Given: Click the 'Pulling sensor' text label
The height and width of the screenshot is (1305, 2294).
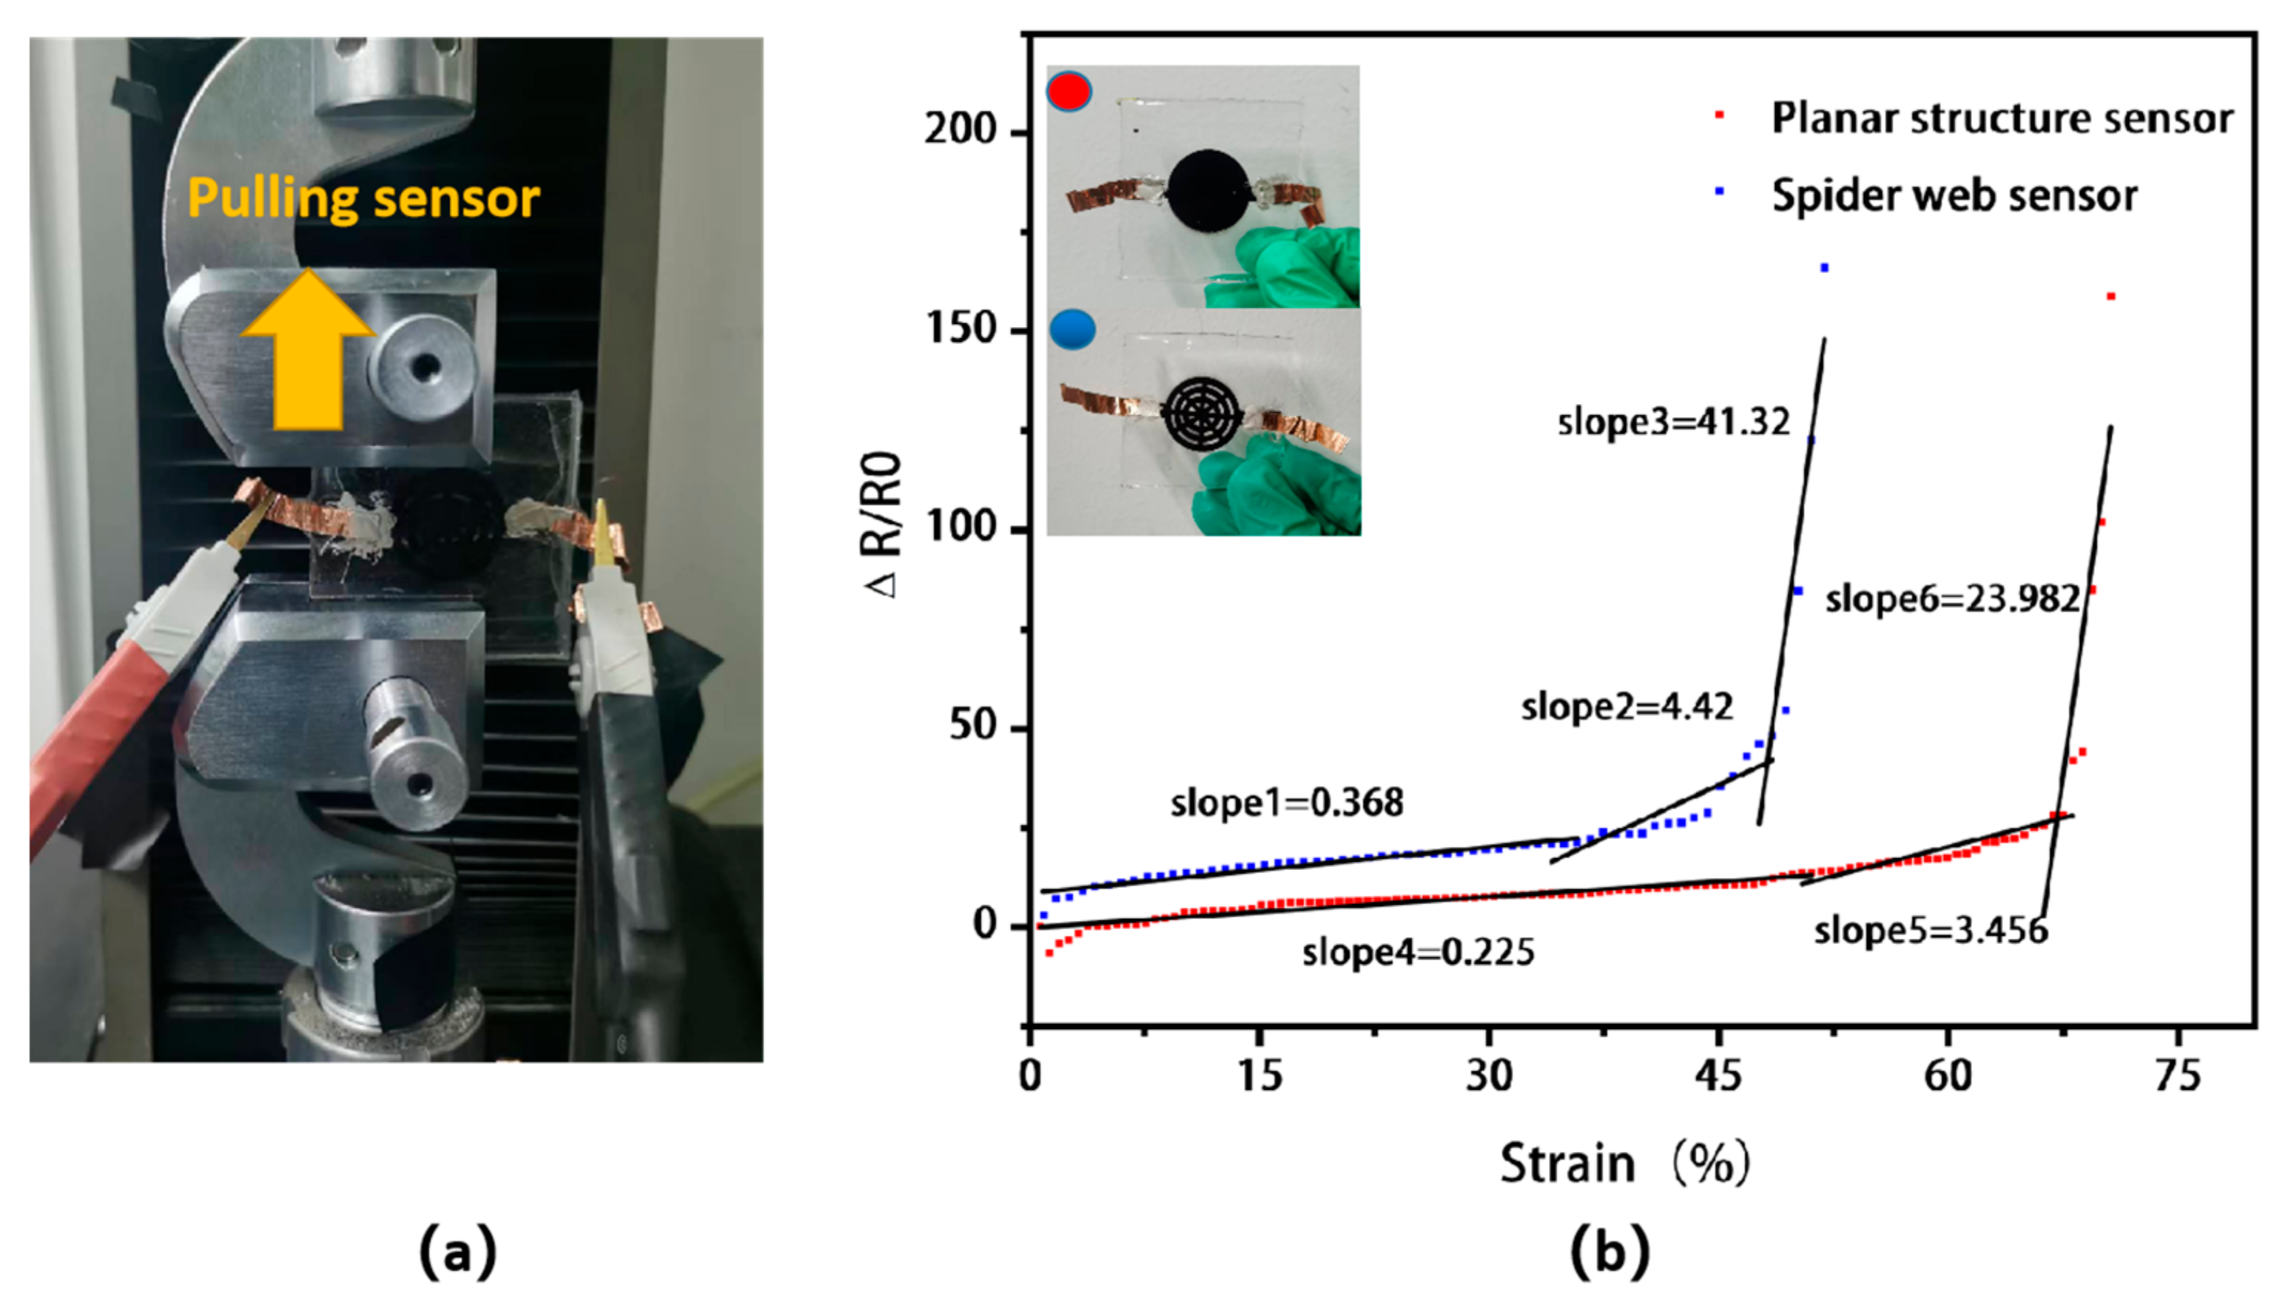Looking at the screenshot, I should coord(363,199).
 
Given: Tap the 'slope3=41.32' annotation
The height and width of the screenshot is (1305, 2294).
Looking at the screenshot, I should coord(1672,421).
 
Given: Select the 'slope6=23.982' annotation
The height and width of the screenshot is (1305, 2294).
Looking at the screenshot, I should coord(1951,598).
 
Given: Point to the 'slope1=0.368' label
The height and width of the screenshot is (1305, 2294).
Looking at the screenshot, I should coord(1286,802).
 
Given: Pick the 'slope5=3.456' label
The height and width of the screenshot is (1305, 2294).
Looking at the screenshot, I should coord(1930,931).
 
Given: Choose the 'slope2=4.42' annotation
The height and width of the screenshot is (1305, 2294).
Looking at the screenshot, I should coord(1626,707).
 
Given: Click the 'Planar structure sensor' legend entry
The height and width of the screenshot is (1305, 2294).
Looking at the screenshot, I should coord(2001,118).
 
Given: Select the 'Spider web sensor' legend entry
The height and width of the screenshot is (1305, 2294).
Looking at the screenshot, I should coord(1954,195).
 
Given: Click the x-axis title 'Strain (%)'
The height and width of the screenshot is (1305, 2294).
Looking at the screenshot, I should coord(1624,1164).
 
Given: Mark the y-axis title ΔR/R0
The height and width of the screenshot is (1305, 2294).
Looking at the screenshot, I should coord(884,525).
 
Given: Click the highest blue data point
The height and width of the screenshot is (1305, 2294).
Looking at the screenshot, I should coord(1824,268).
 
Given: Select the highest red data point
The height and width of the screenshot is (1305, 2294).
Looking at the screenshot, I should coord(2111,297).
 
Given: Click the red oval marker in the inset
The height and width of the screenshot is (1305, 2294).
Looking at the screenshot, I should coord(1069,92).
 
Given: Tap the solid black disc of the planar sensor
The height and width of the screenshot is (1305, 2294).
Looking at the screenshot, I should coord(1208,191).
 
